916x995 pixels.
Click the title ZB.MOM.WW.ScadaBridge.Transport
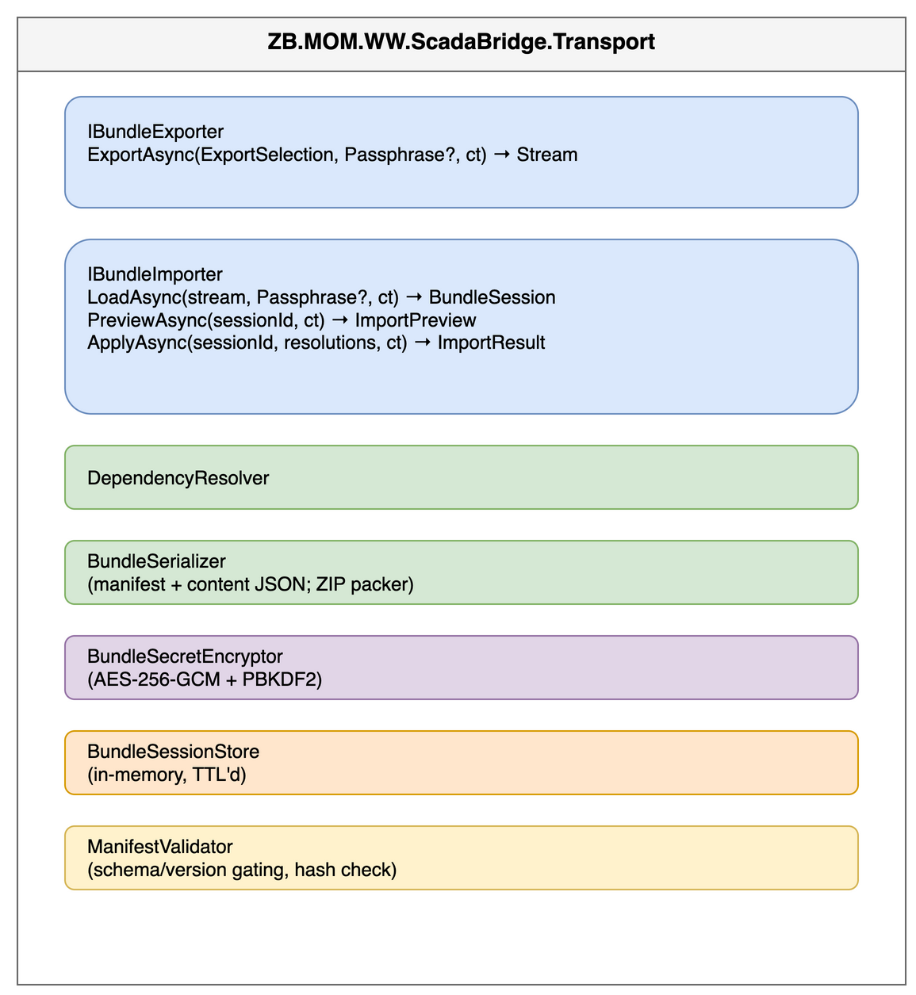point(461,42)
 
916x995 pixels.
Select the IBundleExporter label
point(155,132)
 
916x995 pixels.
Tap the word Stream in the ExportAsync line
point(546,155)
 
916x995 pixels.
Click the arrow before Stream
point(502,155)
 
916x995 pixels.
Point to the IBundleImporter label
point(155,274)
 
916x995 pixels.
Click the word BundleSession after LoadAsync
point(492,297)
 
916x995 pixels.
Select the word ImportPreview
point(416,320)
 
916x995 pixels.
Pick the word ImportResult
point(491,343)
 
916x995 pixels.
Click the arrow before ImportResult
point(422,343)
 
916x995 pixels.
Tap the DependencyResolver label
point(178,478)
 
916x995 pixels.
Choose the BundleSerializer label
point(156,561)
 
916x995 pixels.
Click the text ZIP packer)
point(365,584)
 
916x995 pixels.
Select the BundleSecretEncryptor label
point(185,656)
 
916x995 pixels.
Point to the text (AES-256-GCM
point(153,679)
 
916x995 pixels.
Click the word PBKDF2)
point(282,679)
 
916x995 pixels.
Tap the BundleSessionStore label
point(173,752)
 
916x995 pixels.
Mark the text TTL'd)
point(219,775)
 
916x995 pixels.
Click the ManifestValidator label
point(159,847)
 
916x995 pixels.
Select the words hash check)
point(345,870)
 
